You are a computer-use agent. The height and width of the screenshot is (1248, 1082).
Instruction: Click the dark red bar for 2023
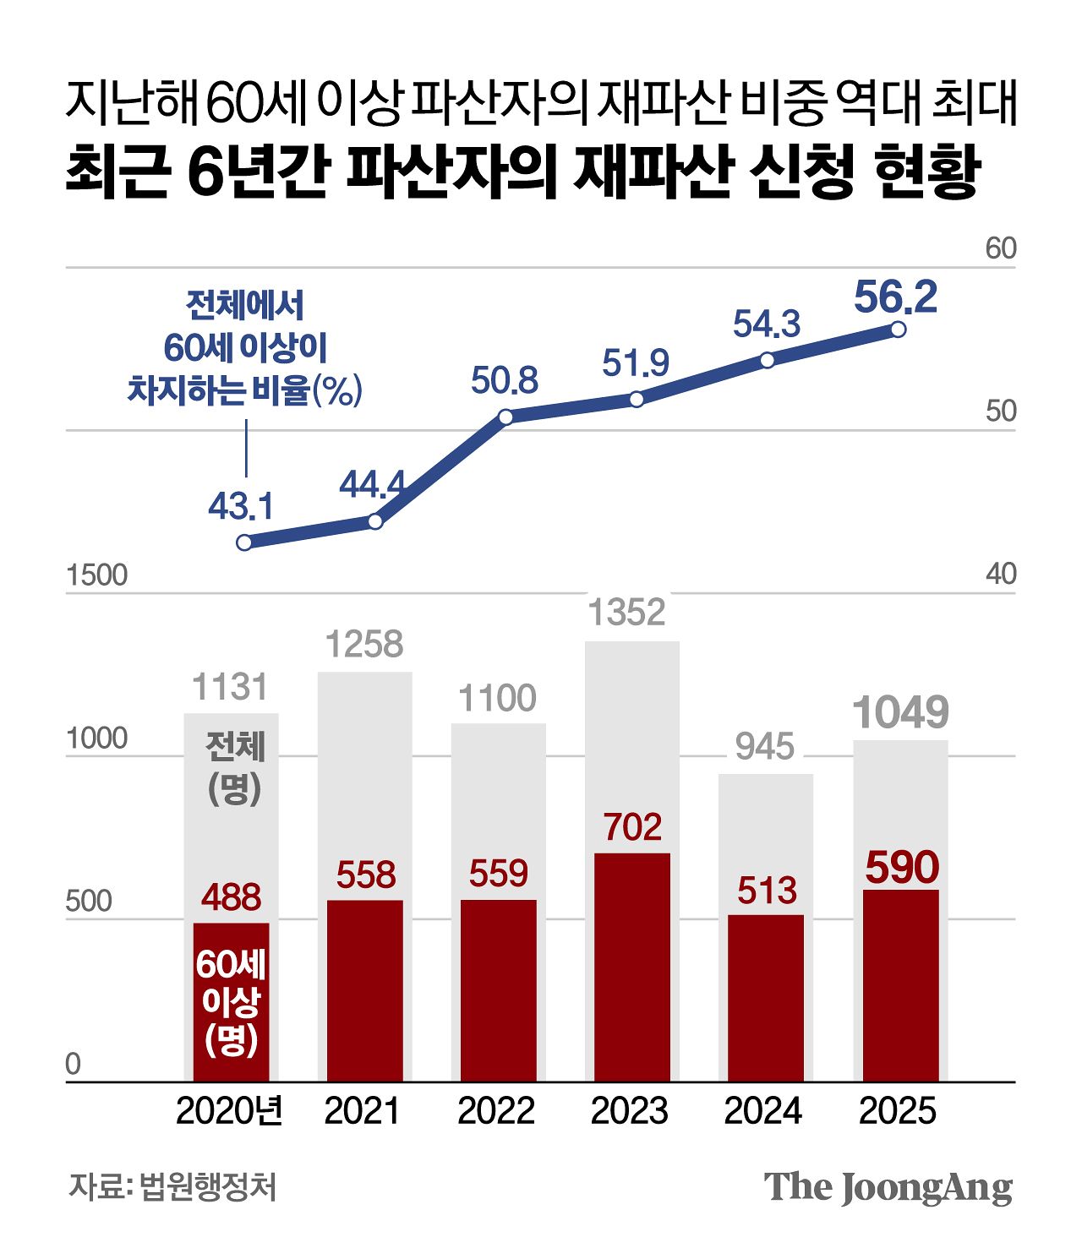click(x=631, y=967)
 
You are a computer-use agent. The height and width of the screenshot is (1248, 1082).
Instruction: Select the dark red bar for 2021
click(x=365, y=990)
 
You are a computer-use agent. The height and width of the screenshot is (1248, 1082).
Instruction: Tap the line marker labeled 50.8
click(x=505, y=417)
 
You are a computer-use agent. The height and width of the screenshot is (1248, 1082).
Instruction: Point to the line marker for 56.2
click(x=899, y=330)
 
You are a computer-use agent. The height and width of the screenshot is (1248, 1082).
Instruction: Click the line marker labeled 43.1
click(x=244, y=542)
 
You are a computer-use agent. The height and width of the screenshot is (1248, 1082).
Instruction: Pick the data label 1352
click(x=627, y=612)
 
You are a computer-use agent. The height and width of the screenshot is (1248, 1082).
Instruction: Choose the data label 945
click(x=765, y=746)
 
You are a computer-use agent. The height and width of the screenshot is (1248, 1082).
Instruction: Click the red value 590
click(x=902, y=868)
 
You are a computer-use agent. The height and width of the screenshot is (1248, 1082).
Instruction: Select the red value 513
click(x=767, y=891)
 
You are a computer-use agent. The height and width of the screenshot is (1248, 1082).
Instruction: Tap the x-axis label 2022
click(x=496, y=1110)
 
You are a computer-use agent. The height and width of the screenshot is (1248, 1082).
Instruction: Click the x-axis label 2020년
click(x=230, y=1110)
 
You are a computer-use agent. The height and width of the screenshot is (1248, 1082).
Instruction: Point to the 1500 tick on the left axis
click(x=96, y=575)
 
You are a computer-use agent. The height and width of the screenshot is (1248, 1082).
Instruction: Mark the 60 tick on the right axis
click(x=1001, y=248)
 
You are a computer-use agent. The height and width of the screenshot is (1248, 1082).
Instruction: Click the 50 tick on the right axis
click(x=1001, y=411)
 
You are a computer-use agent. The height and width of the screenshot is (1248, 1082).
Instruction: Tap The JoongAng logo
click(x=888, y=1187)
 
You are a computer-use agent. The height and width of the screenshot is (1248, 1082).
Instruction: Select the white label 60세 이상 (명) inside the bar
click(x=231, y=1002)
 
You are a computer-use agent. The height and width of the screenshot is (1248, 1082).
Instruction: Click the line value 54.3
click(x=766, y=324)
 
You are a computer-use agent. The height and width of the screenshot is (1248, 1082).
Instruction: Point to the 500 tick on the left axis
click(x=89, y=902)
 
